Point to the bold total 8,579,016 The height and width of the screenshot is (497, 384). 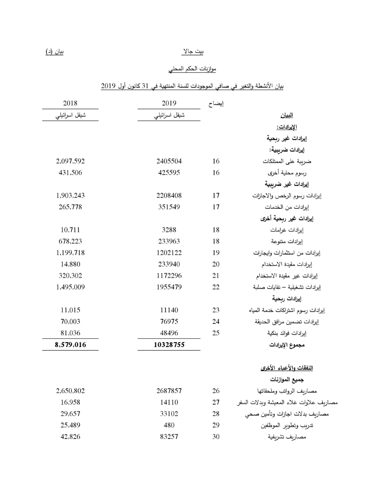click(x=70, y=344)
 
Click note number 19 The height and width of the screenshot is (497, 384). click(x=215, y=253)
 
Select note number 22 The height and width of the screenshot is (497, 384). click(x=215, y=287)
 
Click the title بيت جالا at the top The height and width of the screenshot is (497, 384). click(x=193, y=52)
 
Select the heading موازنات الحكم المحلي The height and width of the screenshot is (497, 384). click(x=193, y=68)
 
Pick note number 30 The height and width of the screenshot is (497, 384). click(x=215, y=437)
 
